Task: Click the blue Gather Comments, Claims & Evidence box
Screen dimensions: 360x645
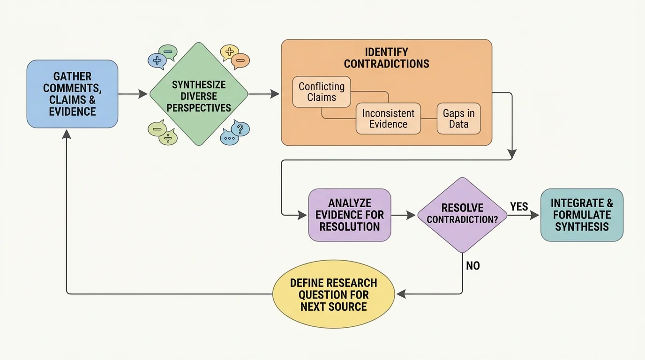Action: click(x=72, y=94)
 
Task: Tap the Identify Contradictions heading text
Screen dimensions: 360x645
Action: click(x=386, y=58)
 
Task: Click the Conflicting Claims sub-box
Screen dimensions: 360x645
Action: click(x=321, y=92)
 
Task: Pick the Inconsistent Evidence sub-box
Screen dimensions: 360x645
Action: click(x=388, y=118)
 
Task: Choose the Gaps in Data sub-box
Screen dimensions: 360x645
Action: click(x=458, y=118)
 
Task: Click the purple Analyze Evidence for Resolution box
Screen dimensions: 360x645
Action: click(x=349, y=215)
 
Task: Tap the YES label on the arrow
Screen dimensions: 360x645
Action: click(x=518, y=206)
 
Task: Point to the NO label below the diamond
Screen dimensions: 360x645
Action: click(x=472, y=266)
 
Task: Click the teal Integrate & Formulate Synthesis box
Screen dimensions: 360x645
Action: click(x=581, y=215)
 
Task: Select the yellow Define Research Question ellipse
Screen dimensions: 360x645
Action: click(x=333, y=295)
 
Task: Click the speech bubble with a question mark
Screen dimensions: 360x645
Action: click(x=240, y=128)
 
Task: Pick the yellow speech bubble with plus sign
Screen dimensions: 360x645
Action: click(x=229, y=52)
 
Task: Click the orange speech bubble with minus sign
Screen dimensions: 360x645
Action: click(x=240, y=60)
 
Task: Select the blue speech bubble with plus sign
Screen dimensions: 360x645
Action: click(x=157, y=60)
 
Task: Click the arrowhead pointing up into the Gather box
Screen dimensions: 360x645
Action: click(x=67, y=134)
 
